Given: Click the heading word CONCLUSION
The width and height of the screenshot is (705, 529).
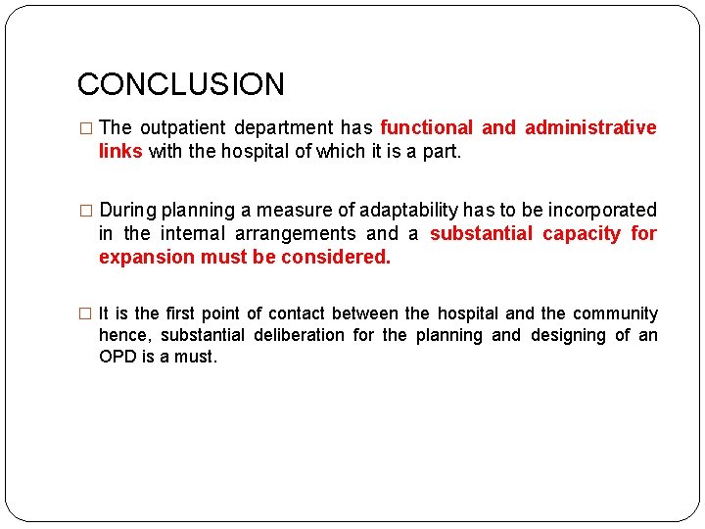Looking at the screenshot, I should click(x=181, y=84).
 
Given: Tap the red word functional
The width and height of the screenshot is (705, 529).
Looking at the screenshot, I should click(x=426, y=128).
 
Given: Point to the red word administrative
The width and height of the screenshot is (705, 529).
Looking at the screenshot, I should click(x=590, y=128).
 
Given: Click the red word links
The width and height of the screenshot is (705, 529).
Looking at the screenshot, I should click(x=120, y=152).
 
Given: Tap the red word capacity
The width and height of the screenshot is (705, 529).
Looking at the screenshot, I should click(x=582, y=234).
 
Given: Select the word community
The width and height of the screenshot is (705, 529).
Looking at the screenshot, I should click(x=614, y=314).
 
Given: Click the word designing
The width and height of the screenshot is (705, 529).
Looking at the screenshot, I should click(x=569, y=336).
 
